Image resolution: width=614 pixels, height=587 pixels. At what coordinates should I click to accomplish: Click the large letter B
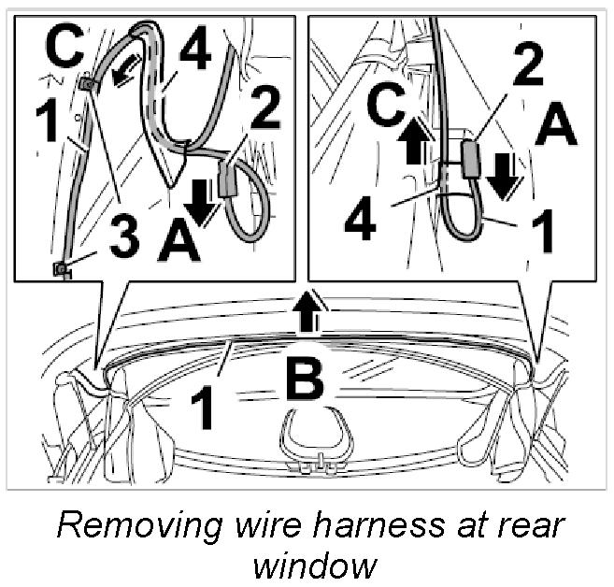tap(306, 384)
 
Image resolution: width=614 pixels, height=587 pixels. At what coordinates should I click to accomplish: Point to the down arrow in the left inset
tap(199, 199)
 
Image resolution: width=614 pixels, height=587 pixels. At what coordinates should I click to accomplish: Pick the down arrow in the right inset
tap(503, 175)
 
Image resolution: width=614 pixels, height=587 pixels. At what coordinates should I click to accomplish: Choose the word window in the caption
tap(308, 564)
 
